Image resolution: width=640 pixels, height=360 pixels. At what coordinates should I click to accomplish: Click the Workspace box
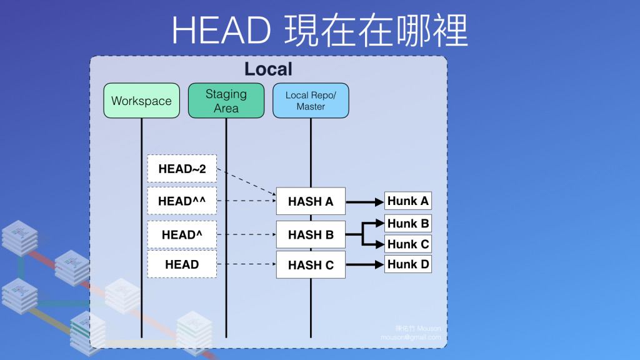pyautogui.click(x=141, y=101)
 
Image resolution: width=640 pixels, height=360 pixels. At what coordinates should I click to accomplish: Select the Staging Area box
pyautogui.click(x=226, y=101)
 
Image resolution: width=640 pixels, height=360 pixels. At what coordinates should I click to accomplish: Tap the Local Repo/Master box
pyautogui.click(x=311, y=101)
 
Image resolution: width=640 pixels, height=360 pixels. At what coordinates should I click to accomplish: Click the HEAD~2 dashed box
pyautogui.click(x=182, y=169)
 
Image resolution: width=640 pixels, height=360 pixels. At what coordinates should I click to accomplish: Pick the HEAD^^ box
pyautogui.click(x=182, y=201)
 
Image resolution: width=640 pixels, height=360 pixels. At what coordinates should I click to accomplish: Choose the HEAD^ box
pyautogui.click(x=182, y=235)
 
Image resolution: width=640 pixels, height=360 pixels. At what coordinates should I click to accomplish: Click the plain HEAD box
pyautogui.click(x=182, y=264)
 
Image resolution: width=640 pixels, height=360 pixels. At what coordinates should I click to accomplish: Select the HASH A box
pyautogui.click(x=311, y=201)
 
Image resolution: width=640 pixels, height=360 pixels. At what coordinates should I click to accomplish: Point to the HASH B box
pyautogui.click(x=311, y=235)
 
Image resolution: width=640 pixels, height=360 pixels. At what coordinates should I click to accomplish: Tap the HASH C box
pyautogui.click(x=311, y=265)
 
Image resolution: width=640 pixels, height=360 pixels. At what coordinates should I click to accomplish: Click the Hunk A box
pyautogui.click(x=408, y=201)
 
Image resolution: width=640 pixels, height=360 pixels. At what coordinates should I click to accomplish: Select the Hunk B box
pyautogui.click(x=408, y=223)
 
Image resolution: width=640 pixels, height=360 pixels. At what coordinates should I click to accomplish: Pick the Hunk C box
pyautogui.click(x=408, y=244)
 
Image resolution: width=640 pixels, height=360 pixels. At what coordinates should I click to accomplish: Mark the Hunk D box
pyautogui.click(x=408, y=264)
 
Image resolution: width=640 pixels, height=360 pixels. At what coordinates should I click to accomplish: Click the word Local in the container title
pyautogui.click(x=268, y=69)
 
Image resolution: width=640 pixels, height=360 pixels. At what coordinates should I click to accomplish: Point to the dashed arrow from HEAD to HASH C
pyautogui.click(x=246, y=264)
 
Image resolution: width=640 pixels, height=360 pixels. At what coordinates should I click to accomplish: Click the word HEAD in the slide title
pyautogui.click(x=221, y=29)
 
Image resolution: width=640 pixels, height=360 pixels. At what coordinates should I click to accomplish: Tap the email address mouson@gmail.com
pyautogui.click(x=411, y=337)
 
